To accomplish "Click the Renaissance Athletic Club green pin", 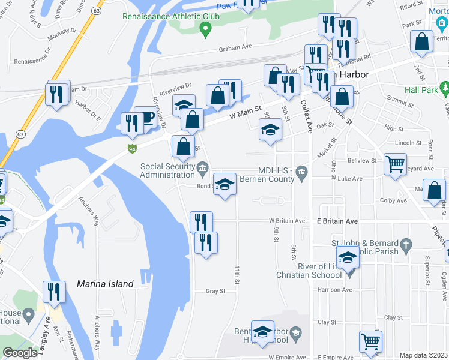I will (x=205, y=28).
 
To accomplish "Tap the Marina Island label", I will (x=105, y=284).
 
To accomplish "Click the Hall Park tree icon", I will (x=445, y=89).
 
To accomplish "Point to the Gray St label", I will (x=215, y=291).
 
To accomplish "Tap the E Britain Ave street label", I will (x=337, y=221).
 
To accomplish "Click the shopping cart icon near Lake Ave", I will (x=395, y=163).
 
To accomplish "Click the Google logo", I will (x=20, y=353).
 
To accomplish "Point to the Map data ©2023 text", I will (x=424, y=355).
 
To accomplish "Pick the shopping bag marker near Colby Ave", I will (x=434, y=190).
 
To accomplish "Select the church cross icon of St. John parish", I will (x=406, y=244).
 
